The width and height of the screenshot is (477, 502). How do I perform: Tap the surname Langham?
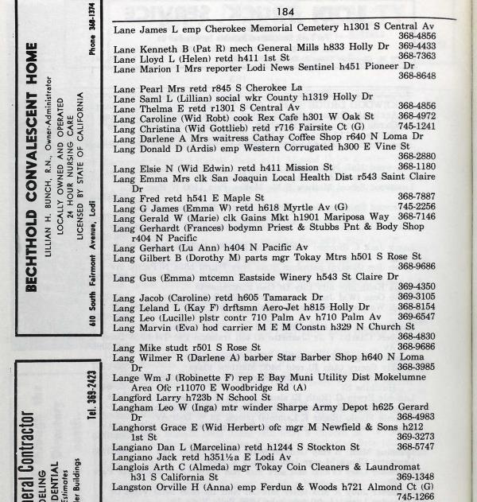click(137, 407)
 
